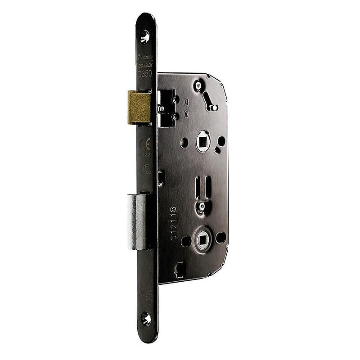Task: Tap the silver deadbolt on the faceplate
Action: click(140, 220)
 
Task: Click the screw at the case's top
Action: click(198, 85)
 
